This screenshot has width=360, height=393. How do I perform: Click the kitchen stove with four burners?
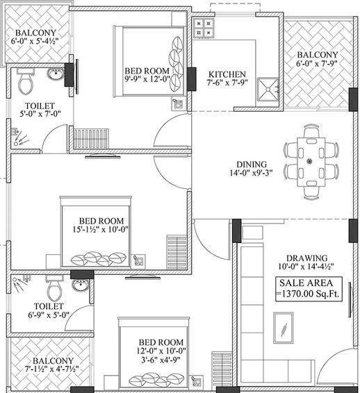(204, 28)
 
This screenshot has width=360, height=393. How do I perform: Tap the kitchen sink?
(268, 90)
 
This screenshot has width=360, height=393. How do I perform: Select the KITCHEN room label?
(227, 74)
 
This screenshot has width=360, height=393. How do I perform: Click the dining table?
(311, 162)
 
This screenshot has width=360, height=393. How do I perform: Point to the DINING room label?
(252, 165)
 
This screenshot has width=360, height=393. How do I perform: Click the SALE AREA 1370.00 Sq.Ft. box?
(309, 289)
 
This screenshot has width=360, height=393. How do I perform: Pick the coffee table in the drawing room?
(284, 328)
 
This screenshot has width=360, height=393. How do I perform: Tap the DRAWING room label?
(306, 258)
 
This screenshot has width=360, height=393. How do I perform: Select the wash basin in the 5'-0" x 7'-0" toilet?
(56, 74)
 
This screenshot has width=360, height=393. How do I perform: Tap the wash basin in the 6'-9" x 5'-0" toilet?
(81, 285)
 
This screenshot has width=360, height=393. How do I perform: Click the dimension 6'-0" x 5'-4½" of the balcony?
(35, 41)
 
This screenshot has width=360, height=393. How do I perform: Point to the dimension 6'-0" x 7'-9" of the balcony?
(317, 63)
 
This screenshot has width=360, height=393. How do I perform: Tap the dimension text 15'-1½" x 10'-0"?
(101, 229)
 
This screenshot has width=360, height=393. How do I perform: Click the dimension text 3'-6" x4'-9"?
(161, 360)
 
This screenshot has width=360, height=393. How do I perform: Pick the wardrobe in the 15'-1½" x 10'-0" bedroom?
(177, 252)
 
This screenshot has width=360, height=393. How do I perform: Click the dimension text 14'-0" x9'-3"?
(252, 173)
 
